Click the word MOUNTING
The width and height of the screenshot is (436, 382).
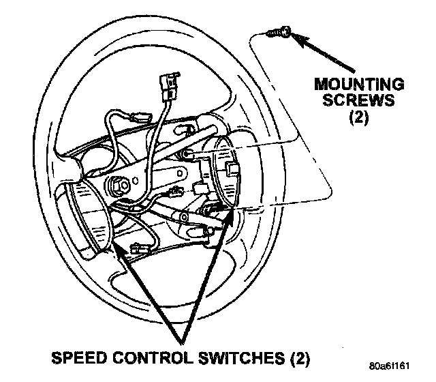[359, 84]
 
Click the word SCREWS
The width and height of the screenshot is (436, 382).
[359, 100]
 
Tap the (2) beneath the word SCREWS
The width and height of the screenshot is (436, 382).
[359, 117]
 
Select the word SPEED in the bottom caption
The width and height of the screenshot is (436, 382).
[79, 357]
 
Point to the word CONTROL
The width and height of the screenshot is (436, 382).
[153, 357]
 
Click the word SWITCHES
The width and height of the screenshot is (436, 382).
[241, 357]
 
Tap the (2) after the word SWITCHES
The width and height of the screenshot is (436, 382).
[300, 358]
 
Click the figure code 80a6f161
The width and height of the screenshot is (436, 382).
[389, 366]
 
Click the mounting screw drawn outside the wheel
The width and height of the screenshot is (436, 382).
[279, 32]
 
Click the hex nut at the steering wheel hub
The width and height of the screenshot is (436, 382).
[119, 184]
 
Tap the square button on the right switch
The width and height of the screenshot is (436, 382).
[232, 168]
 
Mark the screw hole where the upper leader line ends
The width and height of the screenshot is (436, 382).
[188, 153]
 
